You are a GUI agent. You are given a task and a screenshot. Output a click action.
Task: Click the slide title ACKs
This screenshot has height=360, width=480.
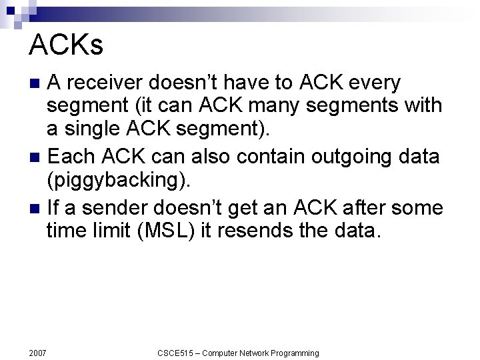coord(67,45)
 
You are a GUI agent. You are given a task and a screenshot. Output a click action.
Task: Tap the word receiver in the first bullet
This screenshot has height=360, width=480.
coord(107,83)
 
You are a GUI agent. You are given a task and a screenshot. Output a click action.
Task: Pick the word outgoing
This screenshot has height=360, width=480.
coord(339,157)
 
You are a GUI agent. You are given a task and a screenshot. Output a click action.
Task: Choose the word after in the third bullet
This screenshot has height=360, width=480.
coord(357,208)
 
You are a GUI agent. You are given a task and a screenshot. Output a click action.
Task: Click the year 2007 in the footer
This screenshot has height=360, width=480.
coord(38,353)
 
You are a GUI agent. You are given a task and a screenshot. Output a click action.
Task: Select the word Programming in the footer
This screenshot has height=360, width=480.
coord(294,353)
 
